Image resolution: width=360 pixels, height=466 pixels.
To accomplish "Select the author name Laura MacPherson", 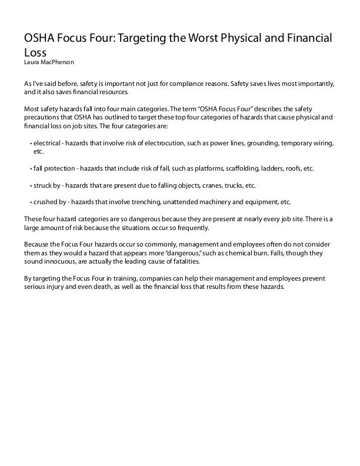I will click(x=49, y=61).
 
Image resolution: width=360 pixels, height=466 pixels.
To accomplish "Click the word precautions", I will click(x=42, y=117).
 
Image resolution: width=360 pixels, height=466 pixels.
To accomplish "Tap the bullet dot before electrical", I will click(x=30, y=143).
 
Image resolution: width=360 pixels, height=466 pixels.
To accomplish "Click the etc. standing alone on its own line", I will click(x=39, y=151).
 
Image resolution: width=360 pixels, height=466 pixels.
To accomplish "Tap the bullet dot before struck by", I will click(x=30, y=185).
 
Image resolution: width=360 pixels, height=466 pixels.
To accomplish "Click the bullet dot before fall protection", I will click(x=30, y=168).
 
